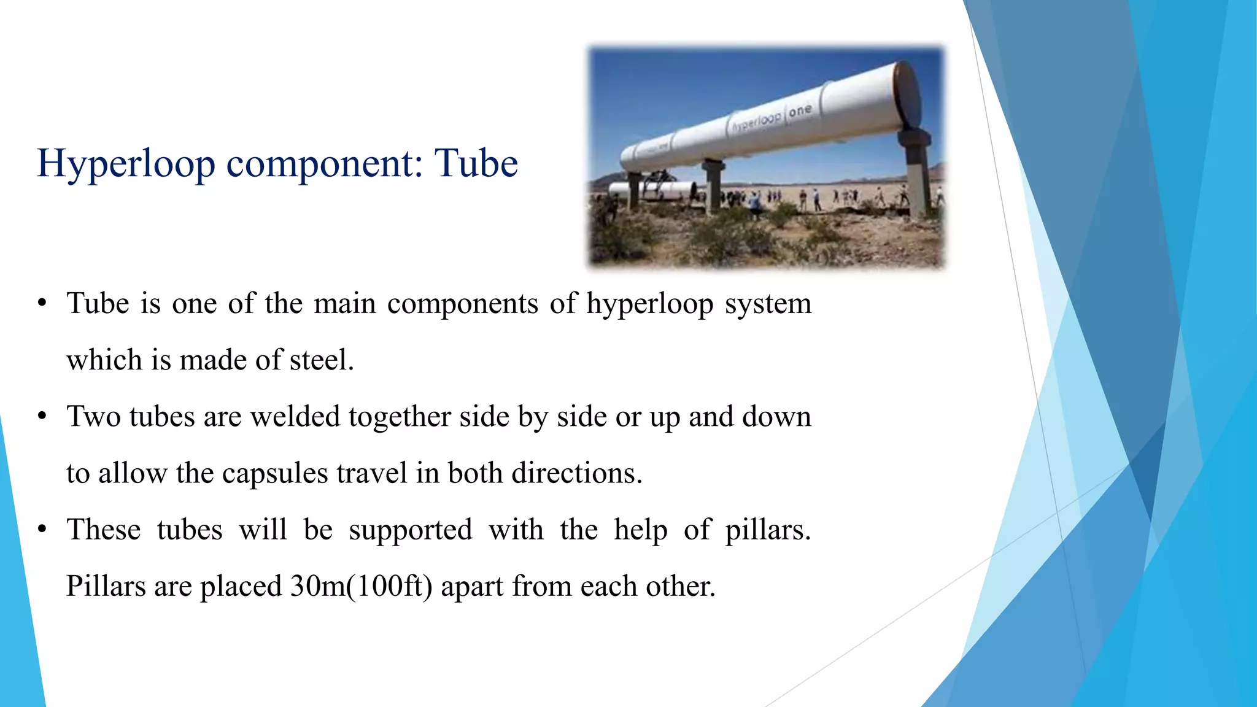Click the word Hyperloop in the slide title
click(x=126, y=164)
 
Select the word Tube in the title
click(x=476, y=164)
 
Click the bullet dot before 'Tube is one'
click(x=42, y=303)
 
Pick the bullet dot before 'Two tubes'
click(x=42, y=417)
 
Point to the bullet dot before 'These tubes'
click(x=42, y=530)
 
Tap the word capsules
click(x=275, y=473)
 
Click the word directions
click(x=577, y=473)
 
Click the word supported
click(x=411, y=530)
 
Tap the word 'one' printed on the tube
click(x=800, y=111)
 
